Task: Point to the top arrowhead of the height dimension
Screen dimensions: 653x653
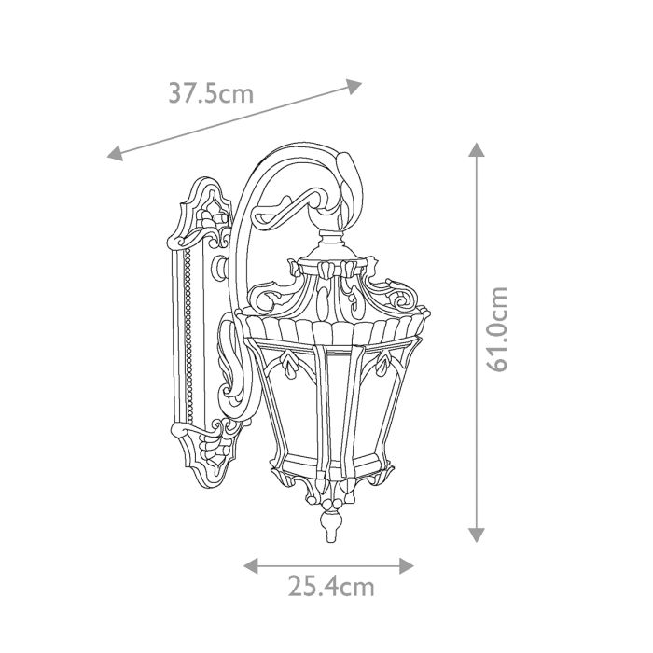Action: coord(477,149)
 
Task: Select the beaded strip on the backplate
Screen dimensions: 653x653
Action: coord(189,336)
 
